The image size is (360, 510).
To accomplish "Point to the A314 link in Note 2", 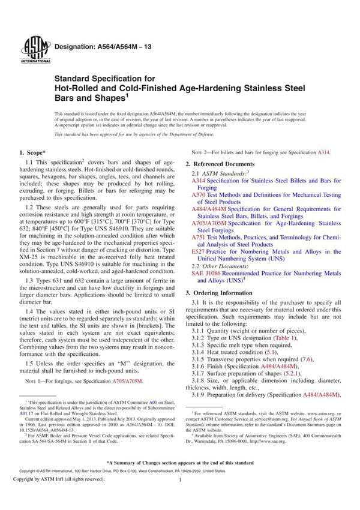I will [323, 153].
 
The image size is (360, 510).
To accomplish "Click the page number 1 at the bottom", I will [179, 497].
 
